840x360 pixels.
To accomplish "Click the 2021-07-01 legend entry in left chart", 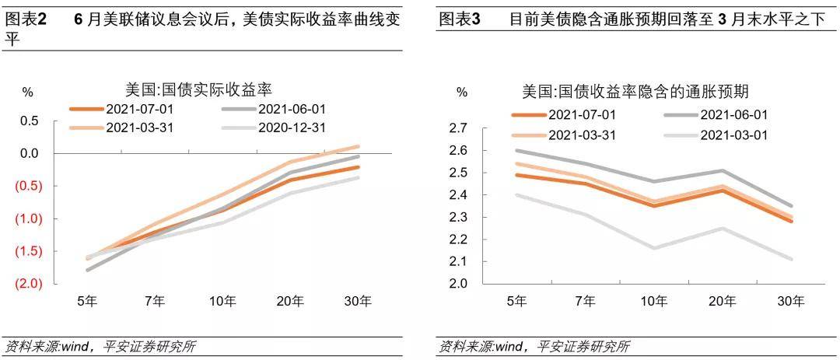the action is coord(121,109).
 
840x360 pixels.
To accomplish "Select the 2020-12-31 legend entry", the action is coord(274,127).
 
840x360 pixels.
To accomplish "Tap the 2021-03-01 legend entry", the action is coord(716,135).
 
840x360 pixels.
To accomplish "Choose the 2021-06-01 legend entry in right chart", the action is coord(716,114).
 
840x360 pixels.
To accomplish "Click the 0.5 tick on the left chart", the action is coord(30,121).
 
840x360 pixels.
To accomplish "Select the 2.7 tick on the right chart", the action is coord(459,128).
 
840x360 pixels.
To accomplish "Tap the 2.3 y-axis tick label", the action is coord(459,217).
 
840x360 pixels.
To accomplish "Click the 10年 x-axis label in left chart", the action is coord(222,301).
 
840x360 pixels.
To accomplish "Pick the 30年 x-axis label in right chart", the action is coord(791,302).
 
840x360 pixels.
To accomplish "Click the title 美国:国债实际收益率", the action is coord(199,88).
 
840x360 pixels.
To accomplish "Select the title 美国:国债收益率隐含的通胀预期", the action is coord(636,91).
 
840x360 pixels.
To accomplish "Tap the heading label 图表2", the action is coord(25,19).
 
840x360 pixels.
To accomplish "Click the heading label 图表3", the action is coord(459,19).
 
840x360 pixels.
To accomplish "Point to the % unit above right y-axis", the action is coord(462,93).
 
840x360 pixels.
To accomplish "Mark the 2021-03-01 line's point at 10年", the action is coord(654,248).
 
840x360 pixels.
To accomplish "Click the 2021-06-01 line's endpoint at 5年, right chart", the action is coord(516,151).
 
